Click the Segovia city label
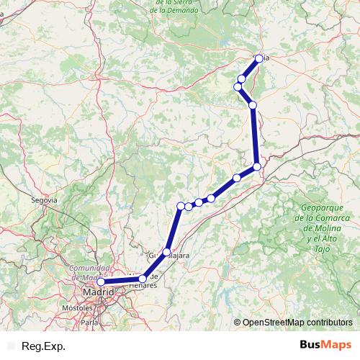coord(45,199)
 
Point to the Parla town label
coord(89,323)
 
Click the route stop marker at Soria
coord(258,58)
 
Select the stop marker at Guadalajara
coord(167,252)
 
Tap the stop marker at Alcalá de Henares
coord(143,279)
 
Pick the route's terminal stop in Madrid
coord(102,282)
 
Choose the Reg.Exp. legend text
coord(45,346)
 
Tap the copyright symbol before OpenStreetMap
coord(238,322)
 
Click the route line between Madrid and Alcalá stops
coord(122,281)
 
